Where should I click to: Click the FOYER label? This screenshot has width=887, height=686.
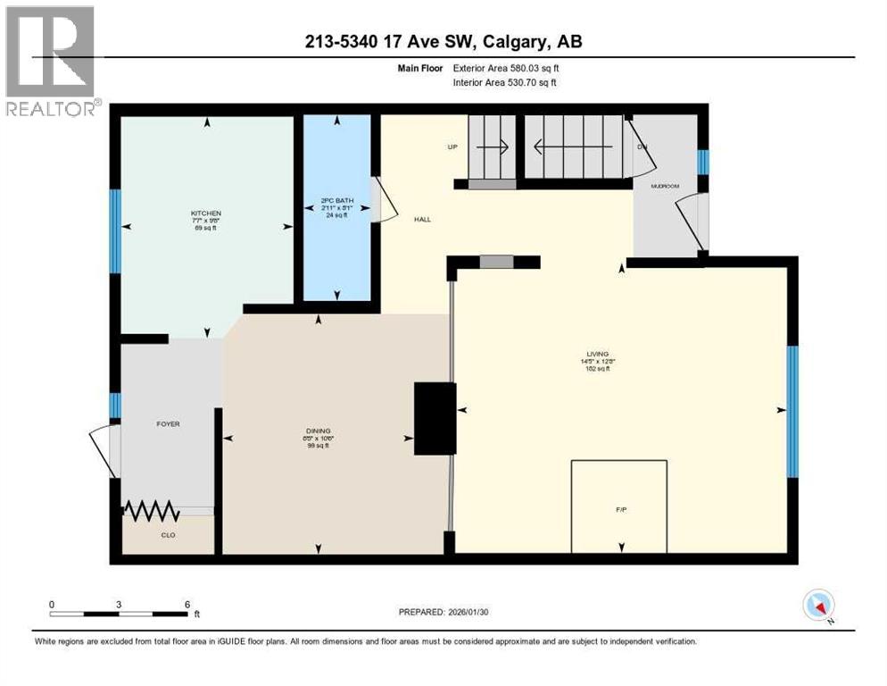[x=168, y=423]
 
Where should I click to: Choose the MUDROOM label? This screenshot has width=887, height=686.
[x=664, y=187]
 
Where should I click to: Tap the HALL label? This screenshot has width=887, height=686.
[x=422, y=219]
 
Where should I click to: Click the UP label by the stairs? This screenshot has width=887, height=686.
[x=452, y=147]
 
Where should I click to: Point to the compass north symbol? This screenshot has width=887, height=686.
[x=818, y=605]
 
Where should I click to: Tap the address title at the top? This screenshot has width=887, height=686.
[x=443, y=43]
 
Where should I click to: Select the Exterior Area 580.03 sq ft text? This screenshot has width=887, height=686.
[x=507, y=67]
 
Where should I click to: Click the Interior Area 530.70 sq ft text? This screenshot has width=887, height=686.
[x=506, y=83]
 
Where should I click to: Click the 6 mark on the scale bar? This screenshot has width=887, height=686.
[x=187, y=604]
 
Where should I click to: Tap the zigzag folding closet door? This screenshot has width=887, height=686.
[x=152, y=511]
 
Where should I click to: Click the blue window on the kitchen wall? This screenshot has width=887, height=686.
[x=115, y=231]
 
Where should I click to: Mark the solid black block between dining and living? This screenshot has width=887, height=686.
[x=435, y=418]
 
